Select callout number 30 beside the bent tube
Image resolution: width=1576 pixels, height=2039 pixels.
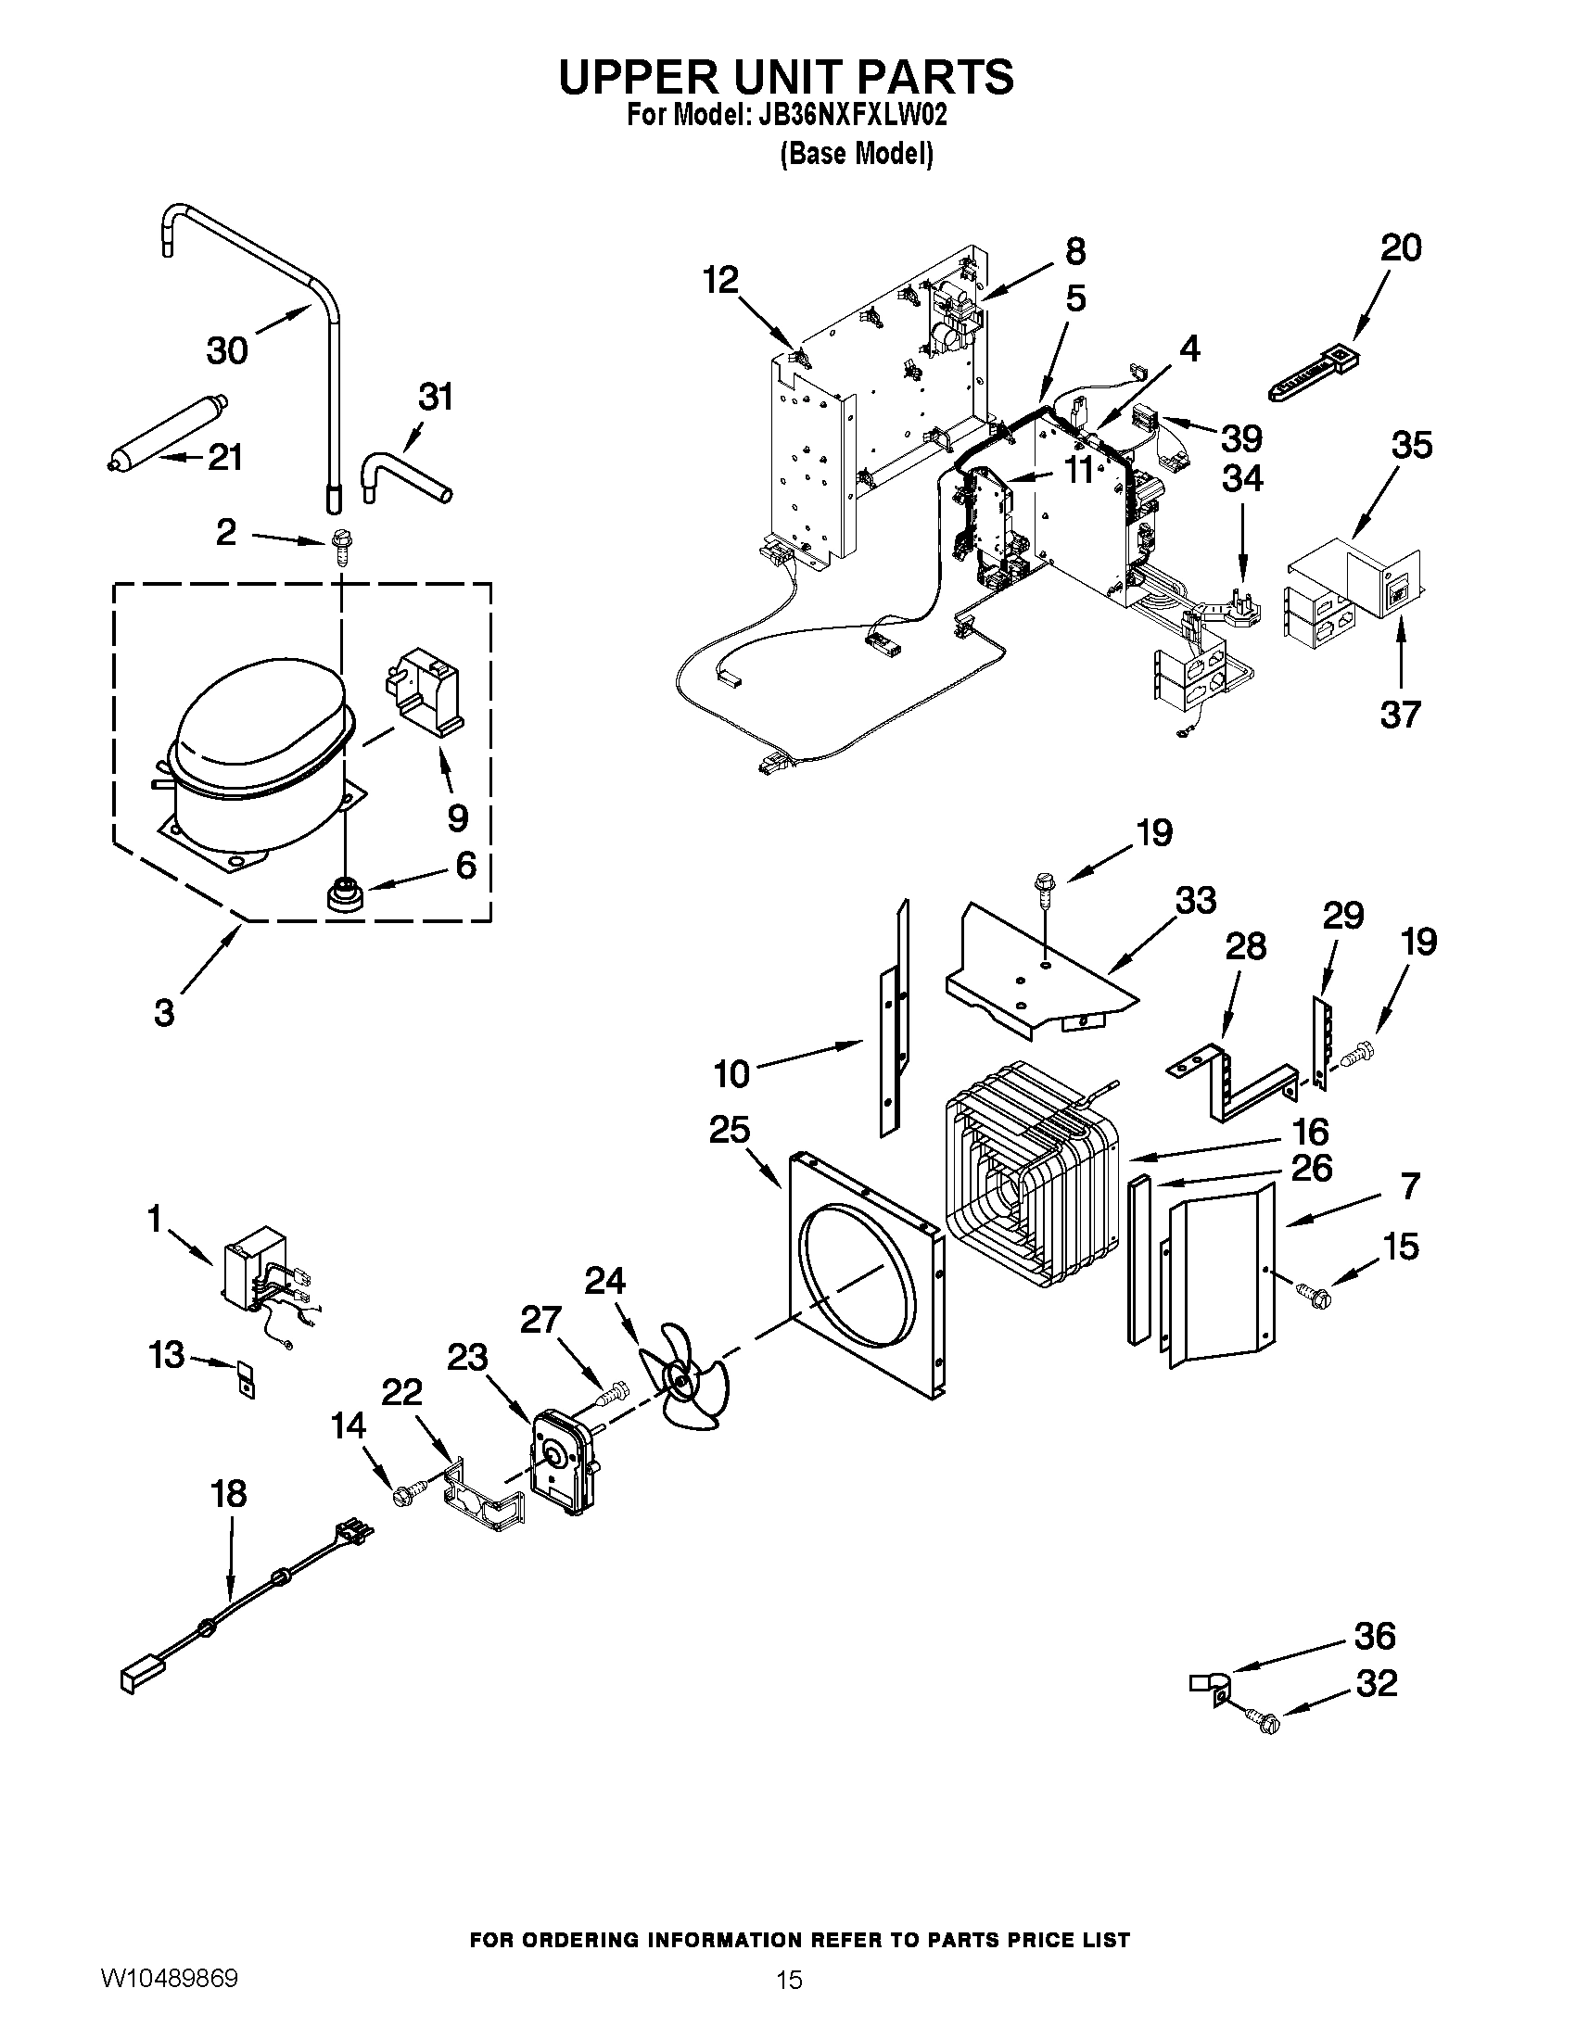(x=227, y=351)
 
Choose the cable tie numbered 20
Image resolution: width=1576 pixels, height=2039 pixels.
(x=1312, y=374)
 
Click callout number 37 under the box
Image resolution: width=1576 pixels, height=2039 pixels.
(x=1400, y=716)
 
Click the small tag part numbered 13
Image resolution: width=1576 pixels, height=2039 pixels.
(x=245, y=1379)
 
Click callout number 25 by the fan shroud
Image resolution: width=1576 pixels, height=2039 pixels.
(x=730, y=1130)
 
